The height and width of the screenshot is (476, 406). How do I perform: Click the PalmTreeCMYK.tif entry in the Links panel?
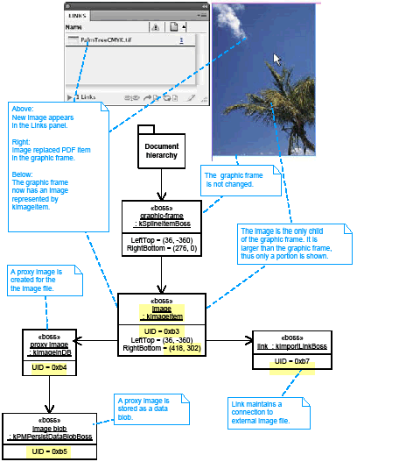[106, 40]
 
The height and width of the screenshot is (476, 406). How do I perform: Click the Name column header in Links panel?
[74, 27]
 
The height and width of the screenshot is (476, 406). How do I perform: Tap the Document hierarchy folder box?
[161, 150]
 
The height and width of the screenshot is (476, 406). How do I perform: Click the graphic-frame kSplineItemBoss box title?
[161, 217]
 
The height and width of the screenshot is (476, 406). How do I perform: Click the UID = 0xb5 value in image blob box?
[49, 451]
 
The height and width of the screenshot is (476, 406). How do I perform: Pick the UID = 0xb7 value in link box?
[291, 361]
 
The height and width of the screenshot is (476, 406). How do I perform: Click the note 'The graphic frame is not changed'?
[234, 180]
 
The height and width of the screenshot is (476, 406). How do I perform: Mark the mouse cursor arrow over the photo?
[277, 60]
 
